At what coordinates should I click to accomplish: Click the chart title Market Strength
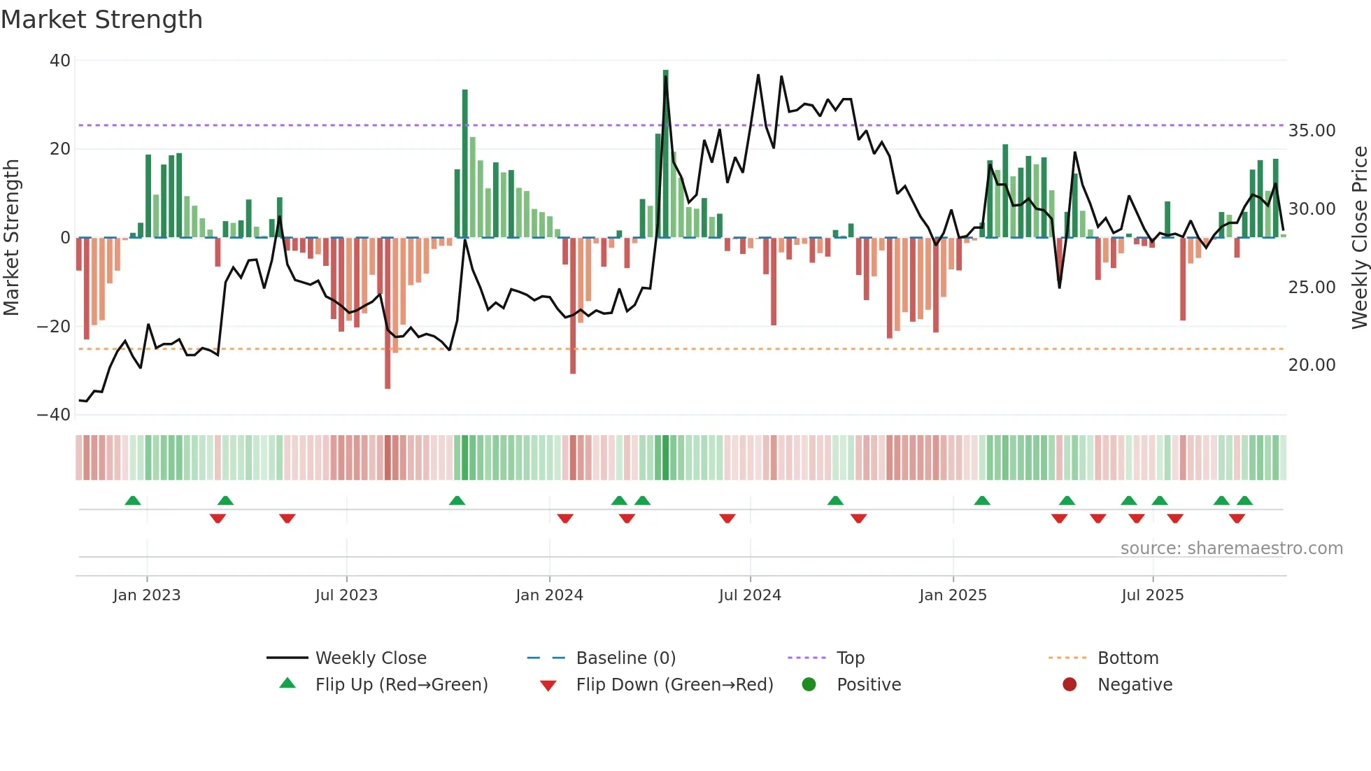(101, 20)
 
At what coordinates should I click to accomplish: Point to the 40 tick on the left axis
(60, 61)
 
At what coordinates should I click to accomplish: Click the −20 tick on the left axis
(54, 327)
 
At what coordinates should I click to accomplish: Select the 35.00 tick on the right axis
(1312, 131)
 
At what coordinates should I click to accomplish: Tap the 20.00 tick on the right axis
(1312, 365)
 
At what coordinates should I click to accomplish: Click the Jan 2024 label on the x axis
(549, 595)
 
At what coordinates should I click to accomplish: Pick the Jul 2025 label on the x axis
(1152, 595)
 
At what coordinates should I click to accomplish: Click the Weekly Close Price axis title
(1359, 238)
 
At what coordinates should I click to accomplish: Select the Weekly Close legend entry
(370, 658)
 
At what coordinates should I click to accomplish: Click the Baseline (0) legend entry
(625, 658)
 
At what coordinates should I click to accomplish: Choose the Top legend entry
(850, 658)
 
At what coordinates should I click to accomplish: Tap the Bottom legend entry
(1128, 658)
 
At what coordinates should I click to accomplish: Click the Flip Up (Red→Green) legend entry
(401, 685)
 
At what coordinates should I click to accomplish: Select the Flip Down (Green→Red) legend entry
(674, 685)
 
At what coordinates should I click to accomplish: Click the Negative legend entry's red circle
(1070, 684)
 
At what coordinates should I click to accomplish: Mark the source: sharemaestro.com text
(1231, 549)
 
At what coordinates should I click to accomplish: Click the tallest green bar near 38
(666, 154)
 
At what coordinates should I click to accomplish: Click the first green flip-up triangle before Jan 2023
(133, 500)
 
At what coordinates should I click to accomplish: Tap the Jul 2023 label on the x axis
(346, 595)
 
